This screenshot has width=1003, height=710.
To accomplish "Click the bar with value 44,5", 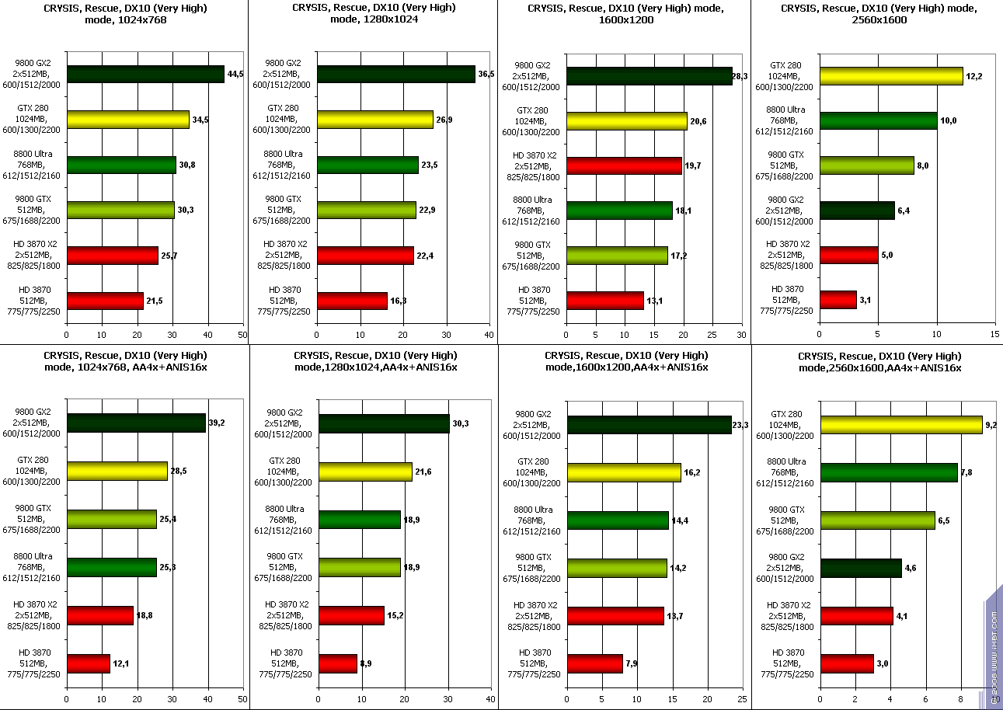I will tap(145, 75).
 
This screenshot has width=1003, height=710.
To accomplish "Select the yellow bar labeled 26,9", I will tap(374, 120).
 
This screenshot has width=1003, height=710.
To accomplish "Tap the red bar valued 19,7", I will tap(624, 165).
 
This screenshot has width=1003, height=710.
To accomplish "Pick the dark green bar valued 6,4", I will tap(857, 211).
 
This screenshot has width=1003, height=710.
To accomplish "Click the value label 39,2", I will tap(217, 423).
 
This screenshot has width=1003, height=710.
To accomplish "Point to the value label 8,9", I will tap(366, 663).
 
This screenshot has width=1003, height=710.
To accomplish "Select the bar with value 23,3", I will tap(650, 425).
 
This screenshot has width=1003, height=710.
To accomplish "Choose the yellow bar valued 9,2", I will tap(901, 425).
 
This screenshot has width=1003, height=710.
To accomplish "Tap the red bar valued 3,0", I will tap(847, 663).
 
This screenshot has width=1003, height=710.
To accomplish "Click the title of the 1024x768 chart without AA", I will tap(125, 14).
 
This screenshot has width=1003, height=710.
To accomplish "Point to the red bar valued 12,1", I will tap(89, 663).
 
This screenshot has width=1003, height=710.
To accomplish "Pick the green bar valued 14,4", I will tap(618, 520).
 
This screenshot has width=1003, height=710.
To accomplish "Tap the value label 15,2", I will tap(395, 616).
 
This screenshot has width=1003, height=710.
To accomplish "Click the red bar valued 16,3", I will tap(352, 301).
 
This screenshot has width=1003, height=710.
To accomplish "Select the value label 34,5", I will tap(201, 120).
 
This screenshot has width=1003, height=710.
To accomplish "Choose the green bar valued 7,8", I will tap(889, 472).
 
